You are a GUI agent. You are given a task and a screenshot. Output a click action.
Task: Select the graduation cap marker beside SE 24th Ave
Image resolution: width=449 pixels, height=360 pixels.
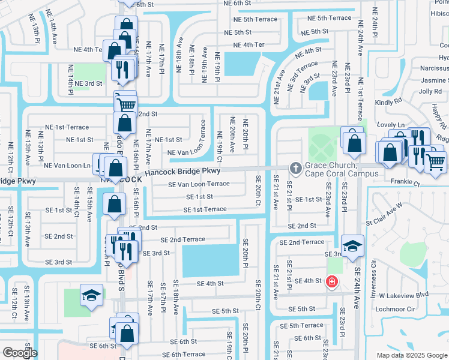click(352, 245)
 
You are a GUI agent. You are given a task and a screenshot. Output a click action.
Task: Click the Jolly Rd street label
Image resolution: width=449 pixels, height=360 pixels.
click(430, 91)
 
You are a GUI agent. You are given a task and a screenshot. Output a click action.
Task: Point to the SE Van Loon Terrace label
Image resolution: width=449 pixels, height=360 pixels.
click(199, 184)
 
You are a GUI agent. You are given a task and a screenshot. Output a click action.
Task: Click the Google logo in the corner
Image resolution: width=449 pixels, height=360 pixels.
click(20, 353)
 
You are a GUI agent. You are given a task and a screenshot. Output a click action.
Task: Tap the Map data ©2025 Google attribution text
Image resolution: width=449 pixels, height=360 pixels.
click(411, 355)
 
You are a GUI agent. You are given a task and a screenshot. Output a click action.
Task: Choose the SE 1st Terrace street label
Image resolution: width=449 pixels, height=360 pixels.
click(205, 209)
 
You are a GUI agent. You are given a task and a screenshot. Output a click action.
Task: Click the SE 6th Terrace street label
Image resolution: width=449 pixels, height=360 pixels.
click(180, 354)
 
